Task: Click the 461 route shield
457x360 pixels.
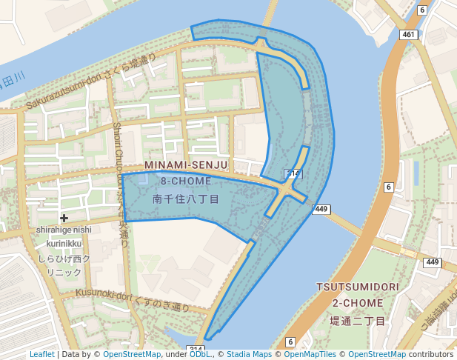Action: click(x=409, y=34)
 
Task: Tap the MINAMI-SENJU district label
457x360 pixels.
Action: click(x=186, y=164)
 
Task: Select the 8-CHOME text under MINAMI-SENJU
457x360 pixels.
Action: click(x=186, y=181)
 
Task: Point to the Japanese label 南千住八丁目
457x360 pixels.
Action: click(x=186, y=199)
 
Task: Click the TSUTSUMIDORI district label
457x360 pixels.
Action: click(x=358, y=287)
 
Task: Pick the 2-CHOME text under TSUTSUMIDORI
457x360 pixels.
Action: click(x=358, y=304)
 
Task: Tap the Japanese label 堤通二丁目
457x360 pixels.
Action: click(x=358, y=321)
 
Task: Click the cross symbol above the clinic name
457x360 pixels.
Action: click(x=64, y=218)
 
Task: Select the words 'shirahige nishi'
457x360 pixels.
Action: click(x=64, y=230)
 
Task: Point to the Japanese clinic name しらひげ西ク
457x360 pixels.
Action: click(x=64, y=259)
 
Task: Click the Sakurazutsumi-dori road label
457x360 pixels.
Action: click(x=90, y=82)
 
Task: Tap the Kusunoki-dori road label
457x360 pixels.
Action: click(x=132, y=299)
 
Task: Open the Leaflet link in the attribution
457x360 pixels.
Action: click(x=41, y=354)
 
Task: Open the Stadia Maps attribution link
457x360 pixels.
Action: click(x=249, y=354)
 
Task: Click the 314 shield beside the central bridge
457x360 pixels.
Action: click(x=293, y=174)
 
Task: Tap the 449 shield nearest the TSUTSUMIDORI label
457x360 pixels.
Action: click(x=432, y=262)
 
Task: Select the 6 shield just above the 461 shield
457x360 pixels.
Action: click(x=421, y=10)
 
